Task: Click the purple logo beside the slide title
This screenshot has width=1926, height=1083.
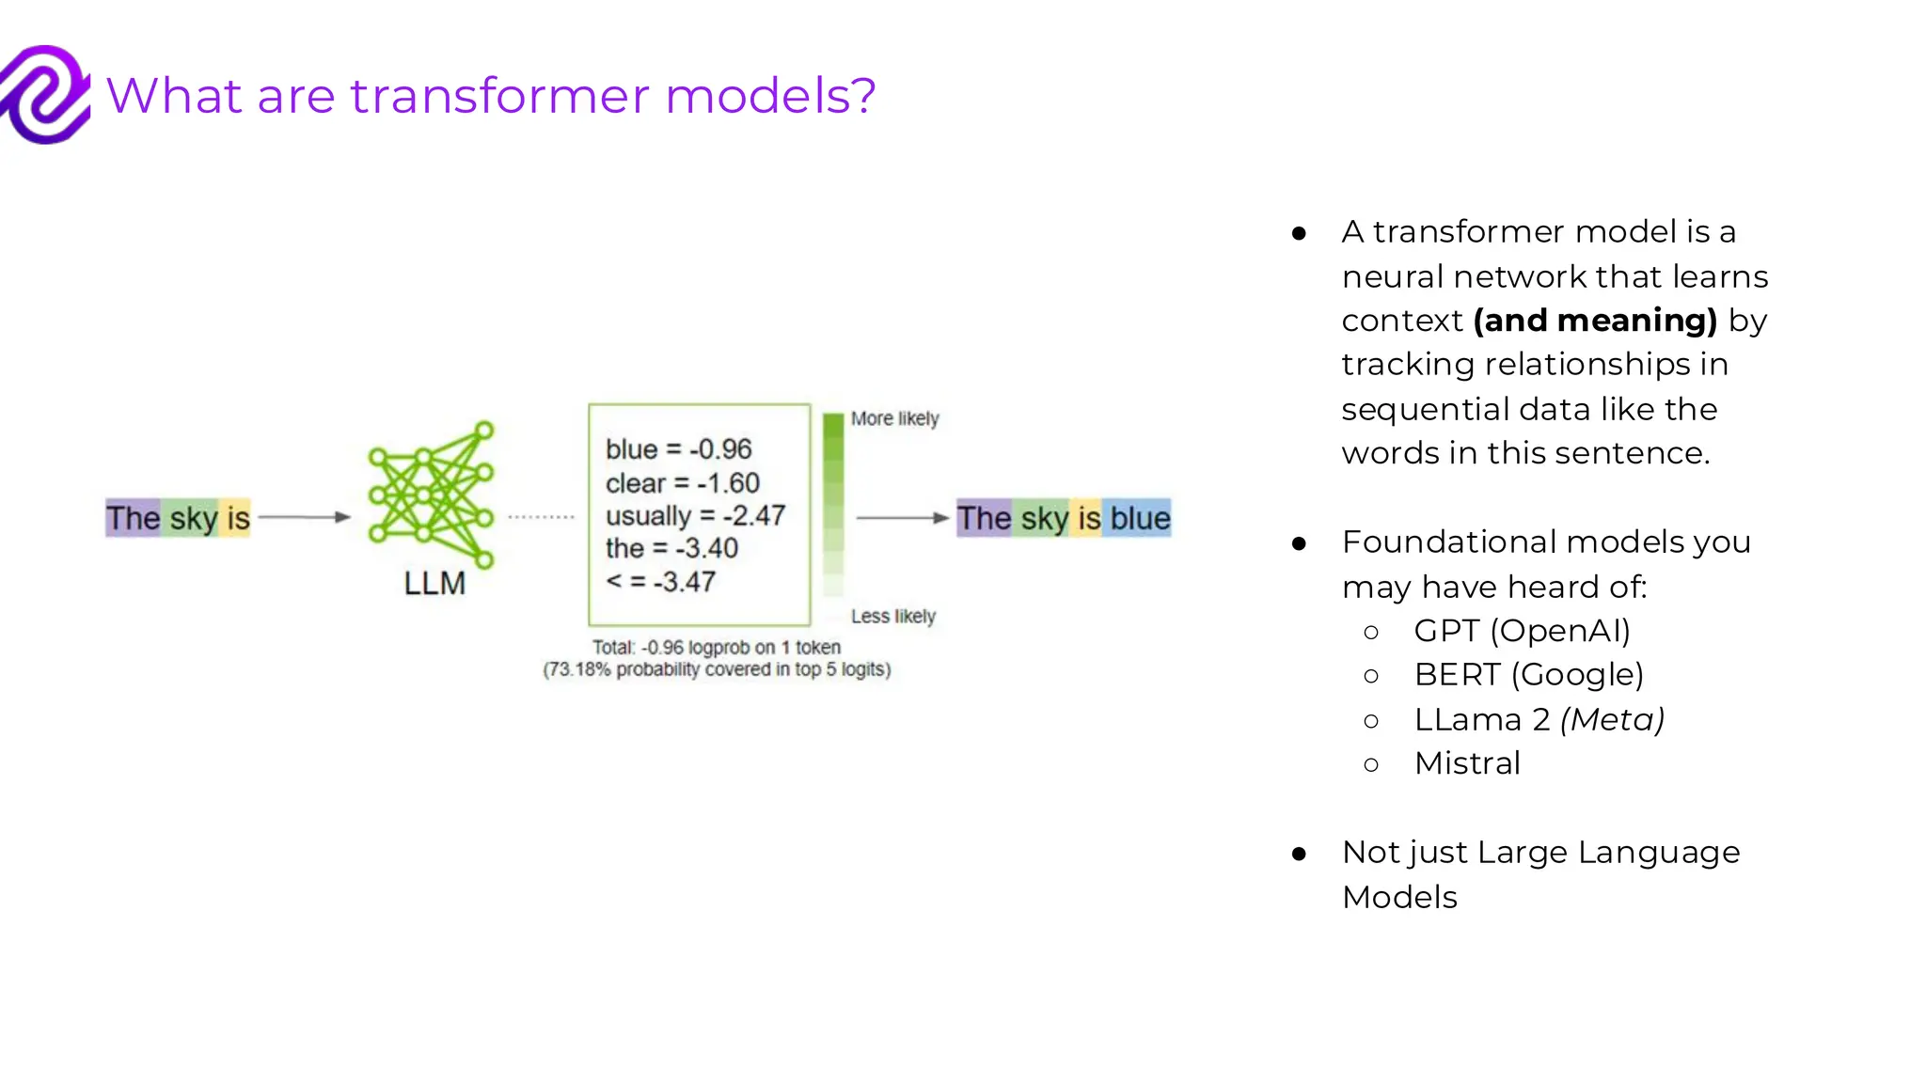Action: point(45,94)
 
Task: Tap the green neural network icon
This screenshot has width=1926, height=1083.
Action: point(432,494)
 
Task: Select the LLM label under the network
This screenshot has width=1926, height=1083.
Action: point(434,584)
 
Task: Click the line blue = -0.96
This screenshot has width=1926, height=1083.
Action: point(678,449)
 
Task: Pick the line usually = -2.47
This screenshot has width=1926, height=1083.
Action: point(695,515)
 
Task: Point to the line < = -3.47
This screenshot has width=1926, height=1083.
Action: point(660,582)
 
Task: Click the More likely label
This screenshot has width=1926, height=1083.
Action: point(894,418)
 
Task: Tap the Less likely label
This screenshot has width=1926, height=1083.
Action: point(892,617)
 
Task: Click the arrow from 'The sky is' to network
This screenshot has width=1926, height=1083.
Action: point(304,517)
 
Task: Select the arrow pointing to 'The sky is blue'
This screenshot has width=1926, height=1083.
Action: point(902,517)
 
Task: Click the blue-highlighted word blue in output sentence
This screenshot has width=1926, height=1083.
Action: point(1140,518)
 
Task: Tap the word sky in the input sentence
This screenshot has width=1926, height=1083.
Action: point(194,518)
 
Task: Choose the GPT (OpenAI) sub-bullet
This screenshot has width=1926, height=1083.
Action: point(1522,631)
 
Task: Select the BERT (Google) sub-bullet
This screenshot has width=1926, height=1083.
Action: point(1528,675)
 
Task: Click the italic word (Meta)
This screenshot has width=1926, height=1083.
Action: point(1612,719)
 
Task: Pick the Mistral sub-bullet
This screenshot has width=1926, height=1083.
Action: point(1467,763)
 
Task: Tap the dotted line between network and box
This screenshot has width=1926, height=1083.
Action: point(541,517)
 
